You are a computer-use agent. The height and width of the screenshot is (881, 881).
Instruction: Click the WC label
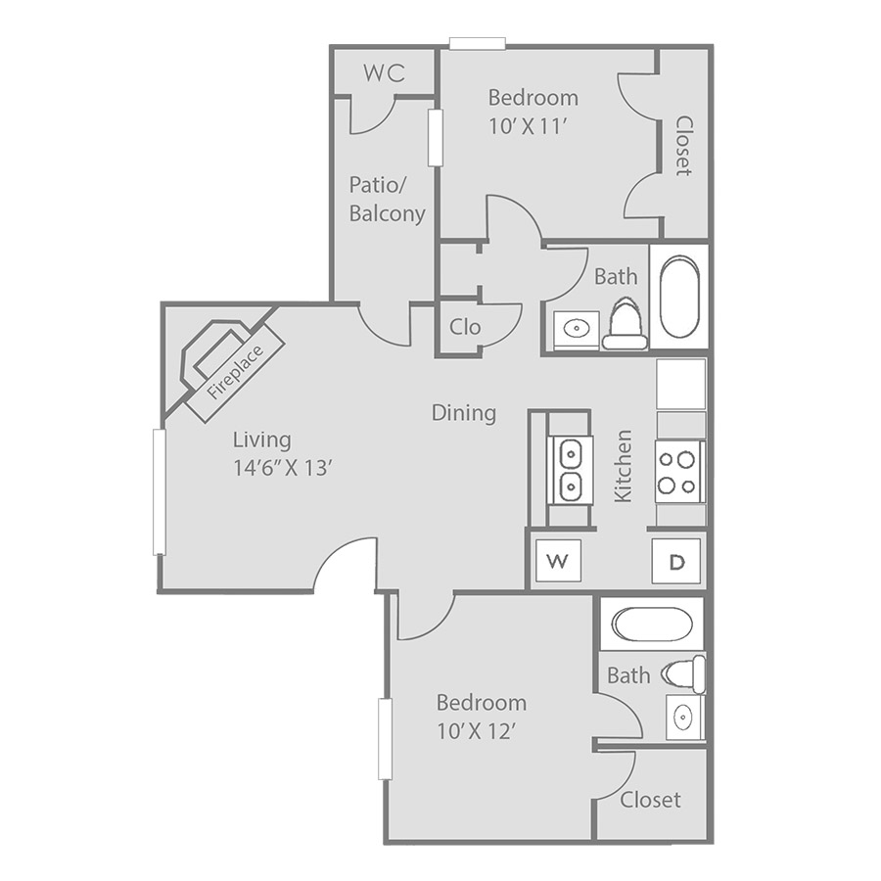(385, 73)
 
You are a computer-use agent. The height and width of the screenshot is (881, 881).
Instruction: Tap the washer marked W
(558, 560)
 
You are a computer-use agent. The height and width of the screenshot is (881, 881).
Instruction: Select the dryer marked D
(676, 561)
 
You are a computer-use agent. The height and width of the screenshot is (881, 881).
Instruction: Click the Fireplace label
(235, 372)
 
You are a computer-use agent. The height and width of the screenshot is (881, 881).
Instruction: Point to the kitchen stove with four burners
(680, 472)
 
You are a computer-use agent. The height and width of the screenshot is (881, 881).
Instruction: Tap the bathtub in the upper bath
(679, 297)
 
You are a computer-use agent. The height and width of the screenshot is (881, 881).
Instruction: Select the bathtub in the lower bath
(652, 624)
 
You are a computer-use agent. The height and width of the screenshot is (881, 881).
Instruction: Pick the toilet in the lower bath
(683, 673)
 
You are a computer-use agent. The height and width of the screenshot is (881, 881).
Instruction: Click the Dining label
(464, 413)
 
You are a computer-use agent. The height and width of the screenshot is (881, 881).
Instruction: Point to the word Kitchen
(624, 466)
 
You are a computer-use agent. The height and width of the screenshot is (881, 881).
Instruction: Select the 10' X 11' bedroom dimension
(526, 127)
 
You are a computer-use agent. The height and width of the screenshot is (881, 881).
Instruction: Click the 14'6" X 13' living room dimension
(284, 468)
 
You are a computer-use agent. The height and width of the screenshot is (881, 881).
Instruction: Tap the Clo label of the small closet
(465, 327)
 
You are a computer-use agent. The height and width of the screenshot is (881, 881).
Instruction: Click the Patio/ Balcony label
(387, 200)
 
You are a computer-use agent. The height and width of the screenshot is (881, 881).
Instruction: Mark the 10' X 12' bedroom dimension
(477, 731)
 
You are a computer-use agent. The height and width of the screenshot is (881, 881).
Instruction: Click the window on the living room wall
(159, 492)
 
